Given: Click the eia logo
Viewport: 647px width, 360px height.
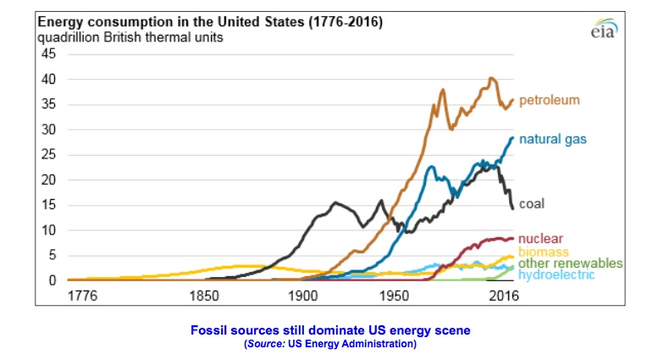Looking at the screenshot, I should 602,30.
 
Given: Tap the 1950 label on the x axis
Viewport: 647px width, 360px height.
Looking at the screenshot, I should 392,296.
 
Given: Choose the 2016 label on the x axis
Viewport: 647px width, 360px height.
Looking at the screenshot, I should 503,296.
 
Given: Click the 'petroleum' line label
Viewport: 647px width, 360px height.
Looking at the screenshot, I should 549,100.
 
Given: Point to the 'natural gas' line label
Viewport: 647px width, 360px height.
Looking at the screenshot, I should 553,138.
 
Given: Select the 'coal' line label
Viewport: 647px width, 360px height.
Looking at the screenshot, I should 531,203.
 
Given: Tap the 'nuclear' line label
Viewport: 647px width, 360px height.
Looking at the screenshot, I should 539,239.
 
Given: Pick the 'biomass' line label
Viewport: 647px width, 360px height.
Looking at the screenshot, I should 542,252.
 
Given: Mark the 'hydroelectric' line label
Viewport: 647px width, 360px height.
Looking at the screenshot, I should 556,275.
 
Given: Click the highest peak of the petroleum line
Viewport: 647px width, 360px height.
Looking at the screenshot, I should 491,79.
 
